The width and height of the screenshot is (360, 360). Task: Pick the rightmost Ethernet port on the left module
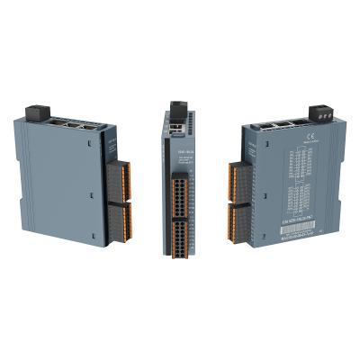[x=87, y=125]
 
